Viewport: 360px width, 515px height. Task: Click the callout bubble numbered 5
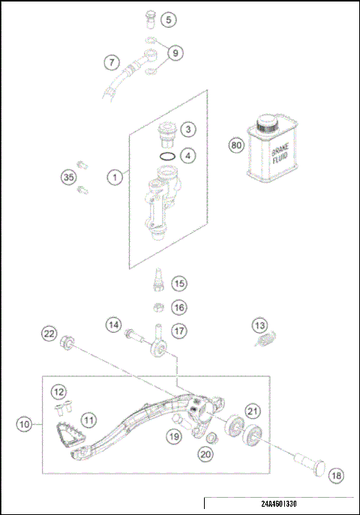[169, 19]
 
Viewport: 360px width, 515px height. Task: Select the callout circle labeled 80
[237, 145]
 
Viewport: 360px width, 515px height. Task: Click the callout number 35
[69, 178]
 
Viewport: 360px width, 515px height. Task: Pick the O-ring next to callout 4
[169, 156]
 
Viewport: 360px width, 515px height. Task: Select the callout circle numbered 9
[175, 52]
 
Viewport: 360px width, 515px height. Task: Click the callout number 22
[49, 333]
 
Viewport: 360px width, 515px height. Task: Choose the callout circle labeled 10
[25, 424]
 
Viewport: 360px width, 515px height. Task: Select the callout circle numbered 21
[253, 410]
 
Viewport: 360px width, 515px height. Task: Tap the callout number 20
[205, 454]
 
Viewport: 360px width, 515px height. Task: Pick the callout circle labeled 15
[178, 283]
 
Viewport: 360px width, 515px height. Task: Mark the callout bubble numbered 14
[113, 325]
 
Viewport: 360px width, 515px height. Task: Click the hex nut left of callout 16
[158, 307]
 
